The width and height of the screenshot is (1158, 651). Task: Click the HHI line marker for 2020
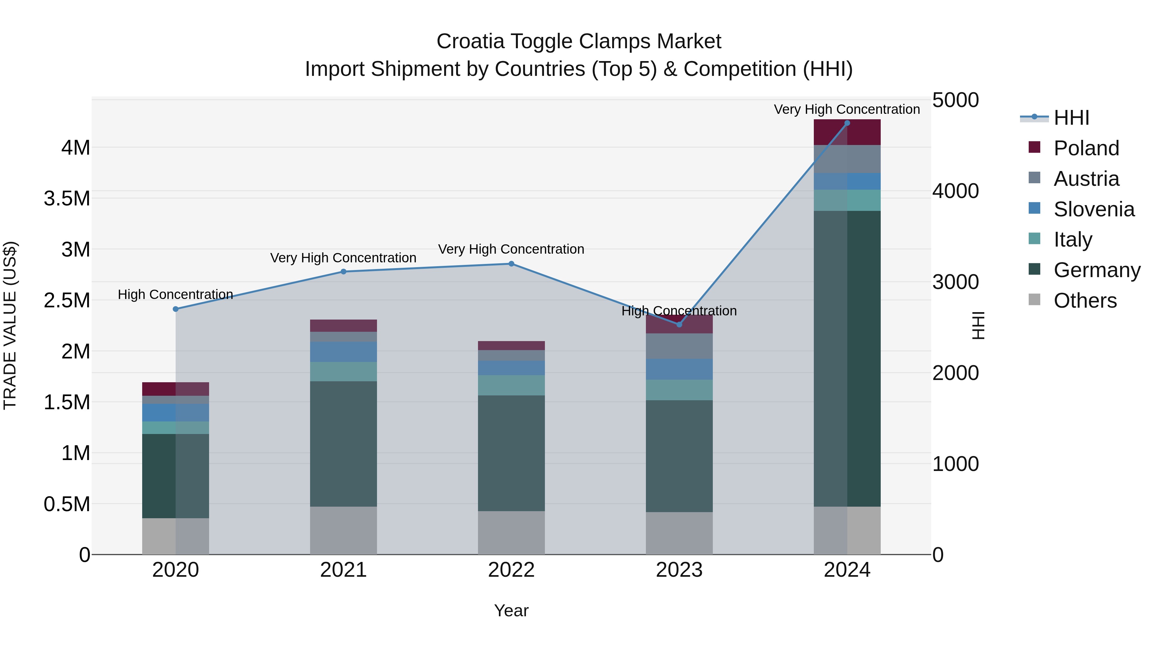pyautogui.click(x=176, y=309)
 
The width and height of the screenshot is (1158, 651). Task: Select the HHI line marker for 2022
pyautogui.click(x=511, y=264)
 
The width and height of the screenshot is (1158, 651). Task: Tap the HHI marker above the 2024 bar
pyautogui.click(x=847, y=123)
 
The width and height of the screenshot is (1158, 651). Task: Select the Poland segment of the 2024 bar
pyautogui.click(x=847, y=132)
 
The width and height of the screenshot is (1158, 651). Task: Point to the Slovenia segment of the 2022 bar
pyautogui.click(x=511, y=368)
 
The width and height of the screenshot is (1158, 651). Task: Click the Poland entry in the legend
pyautogui.click(x=1086, y=148)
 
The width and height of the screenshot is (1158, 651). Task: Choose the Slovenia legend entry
pyautogui.click(x=1094, y=209)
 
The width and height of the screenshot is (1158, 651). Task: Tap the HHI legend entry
pyautogui.click(x=1071, y=118)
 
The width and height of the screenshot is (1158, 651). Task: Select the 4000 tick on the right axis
pyautogui.click(x=955, y=191)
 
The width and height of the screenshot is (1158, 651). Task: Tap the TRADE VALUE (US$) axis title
pyautogui.click(x=10, y=325)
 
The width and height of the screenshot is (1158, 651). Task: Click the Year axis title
pyautogui.click(x=511, y=610)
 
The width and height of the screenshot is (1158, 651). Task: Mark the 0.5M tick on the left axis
pyautogui.click(x=67, y=504)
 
